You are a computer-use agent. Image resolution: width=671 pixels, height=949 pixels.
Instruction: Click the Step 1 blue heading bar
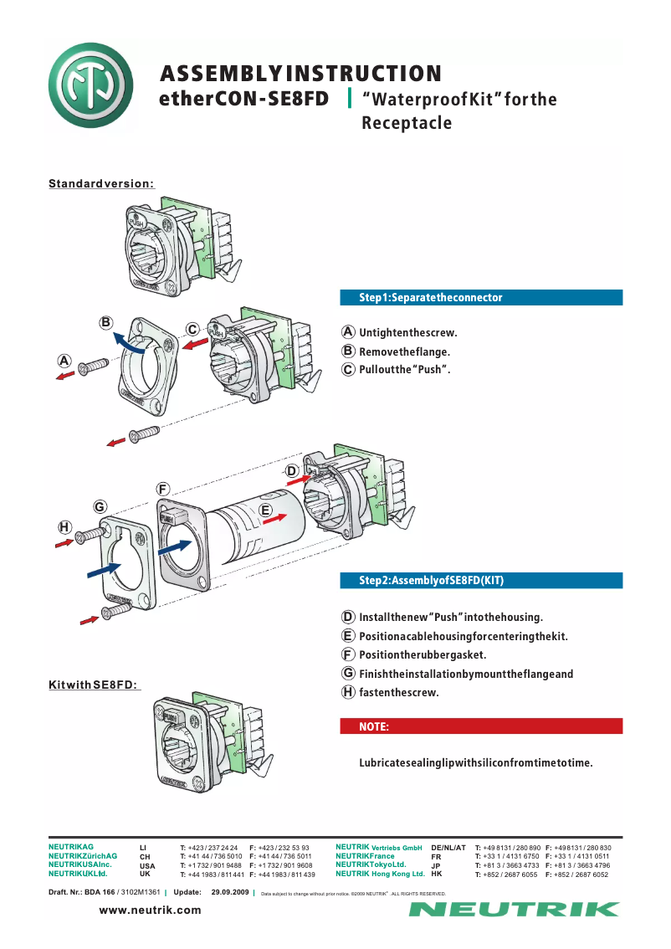481,297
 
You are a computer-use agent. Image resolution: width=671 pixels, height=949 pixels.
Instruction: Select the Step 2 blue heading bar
481,580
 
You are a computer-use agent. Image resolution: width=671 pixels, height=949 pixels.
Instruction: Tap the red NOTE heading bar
481,726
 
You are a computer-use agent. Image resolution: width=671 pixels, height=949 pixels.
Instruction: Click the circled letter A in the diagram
64,361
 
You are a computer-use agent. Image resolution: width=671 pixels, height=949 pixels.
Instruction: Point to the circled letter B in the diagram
106,322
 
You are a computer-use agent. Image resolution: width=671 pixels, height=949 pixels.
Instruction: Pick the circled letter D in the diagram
291,471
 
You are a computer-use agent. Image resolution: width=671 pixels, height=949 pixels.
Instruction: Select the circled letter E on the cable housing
265,510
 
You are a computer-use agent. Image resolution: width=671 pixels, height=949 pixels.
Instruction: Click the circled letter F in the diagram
163,488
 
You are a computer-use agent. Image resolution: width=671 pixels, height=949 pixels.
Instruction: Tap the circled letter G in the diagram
99,506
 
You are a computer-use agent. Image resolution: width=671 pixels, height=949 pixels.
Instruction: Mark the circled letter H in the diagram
64,526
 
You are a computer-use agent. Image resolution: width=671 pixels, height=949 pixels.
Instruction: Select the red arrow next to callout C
194,344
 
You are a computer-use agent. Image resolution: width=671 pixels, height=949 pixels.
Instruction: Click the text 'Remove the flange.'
404,351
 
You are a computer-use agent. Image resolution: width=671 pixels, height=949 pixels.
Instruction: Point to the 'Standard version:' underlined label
100,184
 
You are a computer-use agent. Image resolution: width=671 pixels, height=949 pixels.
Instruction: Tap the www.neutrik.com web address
151,910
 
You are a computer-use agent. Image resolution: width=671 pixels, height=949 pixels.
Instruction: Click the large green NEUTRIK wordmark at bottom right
514,910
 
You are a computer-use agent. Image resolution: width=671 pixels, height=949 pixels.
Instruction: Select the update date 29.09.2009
231,892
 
